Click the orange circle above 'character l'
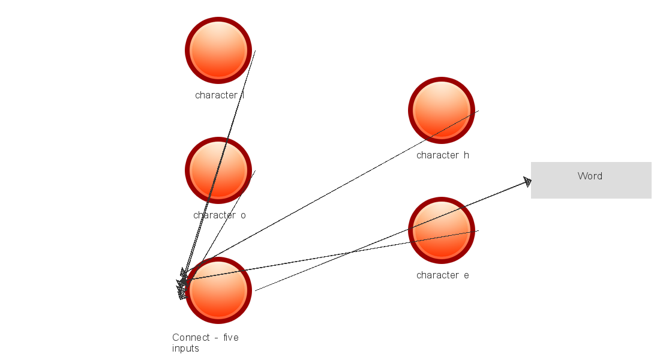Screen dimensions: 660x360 [x=218, y=50]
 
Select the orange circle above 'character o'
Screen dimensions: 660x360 [x=218, y=170]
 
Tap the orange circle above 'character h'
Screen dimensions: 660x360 [x=442, y=110]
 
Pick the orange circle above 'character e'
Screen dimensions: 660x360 [x=442, y=230]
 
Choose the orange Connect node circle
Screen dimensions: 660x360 [x=218, y=290]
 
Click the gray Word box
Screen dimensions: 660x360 [x=591, y=180]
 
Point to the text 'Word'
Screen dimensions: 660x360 [x=590, y=176]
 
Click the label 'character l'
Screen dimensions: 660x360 [x=219, y=95]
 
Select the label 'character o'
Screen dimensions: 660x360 [x=219, y=215]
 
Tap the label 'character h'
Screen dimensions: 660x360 [x=443, y=155]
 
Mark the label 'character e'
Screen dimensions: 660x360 [x=443, y=275]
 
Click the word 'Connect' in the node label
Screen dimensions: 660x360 [x=191, y=338]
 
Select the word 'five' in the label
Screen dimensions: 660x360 [x=231, y=338]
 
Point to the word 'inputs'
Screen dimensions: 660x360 [x=185, y=349]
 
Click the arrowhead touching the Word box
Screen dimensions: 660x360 [x=527, y=182]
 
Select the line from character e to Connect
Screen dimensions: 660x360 [x=331, y=255]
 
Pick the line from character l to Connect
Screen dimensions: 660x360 [x=219, y=164]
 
